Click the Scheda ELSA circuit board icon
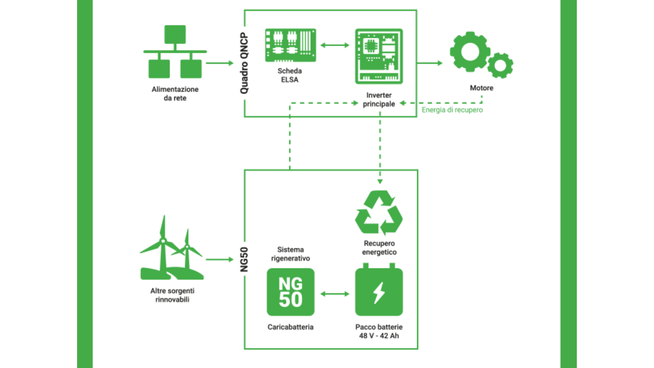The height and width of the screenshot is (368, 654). click(291, 45)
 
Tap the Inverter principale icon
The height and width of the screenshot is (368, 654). click(379, 56)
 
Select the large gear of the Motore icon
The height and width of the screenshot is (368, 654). click(470, 52)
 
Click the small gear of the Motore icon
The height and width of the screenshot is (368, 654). click(500, 66)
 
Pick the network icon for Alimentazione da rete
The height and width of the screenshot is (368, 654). click(175, 52)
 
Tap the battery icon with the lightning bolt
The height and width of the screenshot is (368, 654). click(379, 291)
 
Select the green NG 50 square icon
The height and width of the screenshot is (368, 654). click(291, 292)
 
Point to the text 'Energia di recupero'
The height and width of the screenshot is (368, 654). click(452, 110)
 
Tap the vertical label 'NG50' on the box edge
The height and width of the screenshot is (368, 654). click(244, 259)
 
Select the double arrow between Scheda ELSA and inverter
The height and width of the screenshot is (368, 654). click(335, 46)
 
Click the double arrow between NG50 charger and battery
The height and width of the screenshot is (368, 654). click(335, 293)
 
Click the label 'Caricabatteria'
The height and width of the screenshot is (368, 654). click(291, 327)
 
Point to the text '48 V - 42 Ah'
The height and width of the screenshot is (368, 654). click(379, 335)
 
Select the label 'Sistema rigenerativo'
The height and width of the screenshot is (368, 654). click(291, 254)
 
